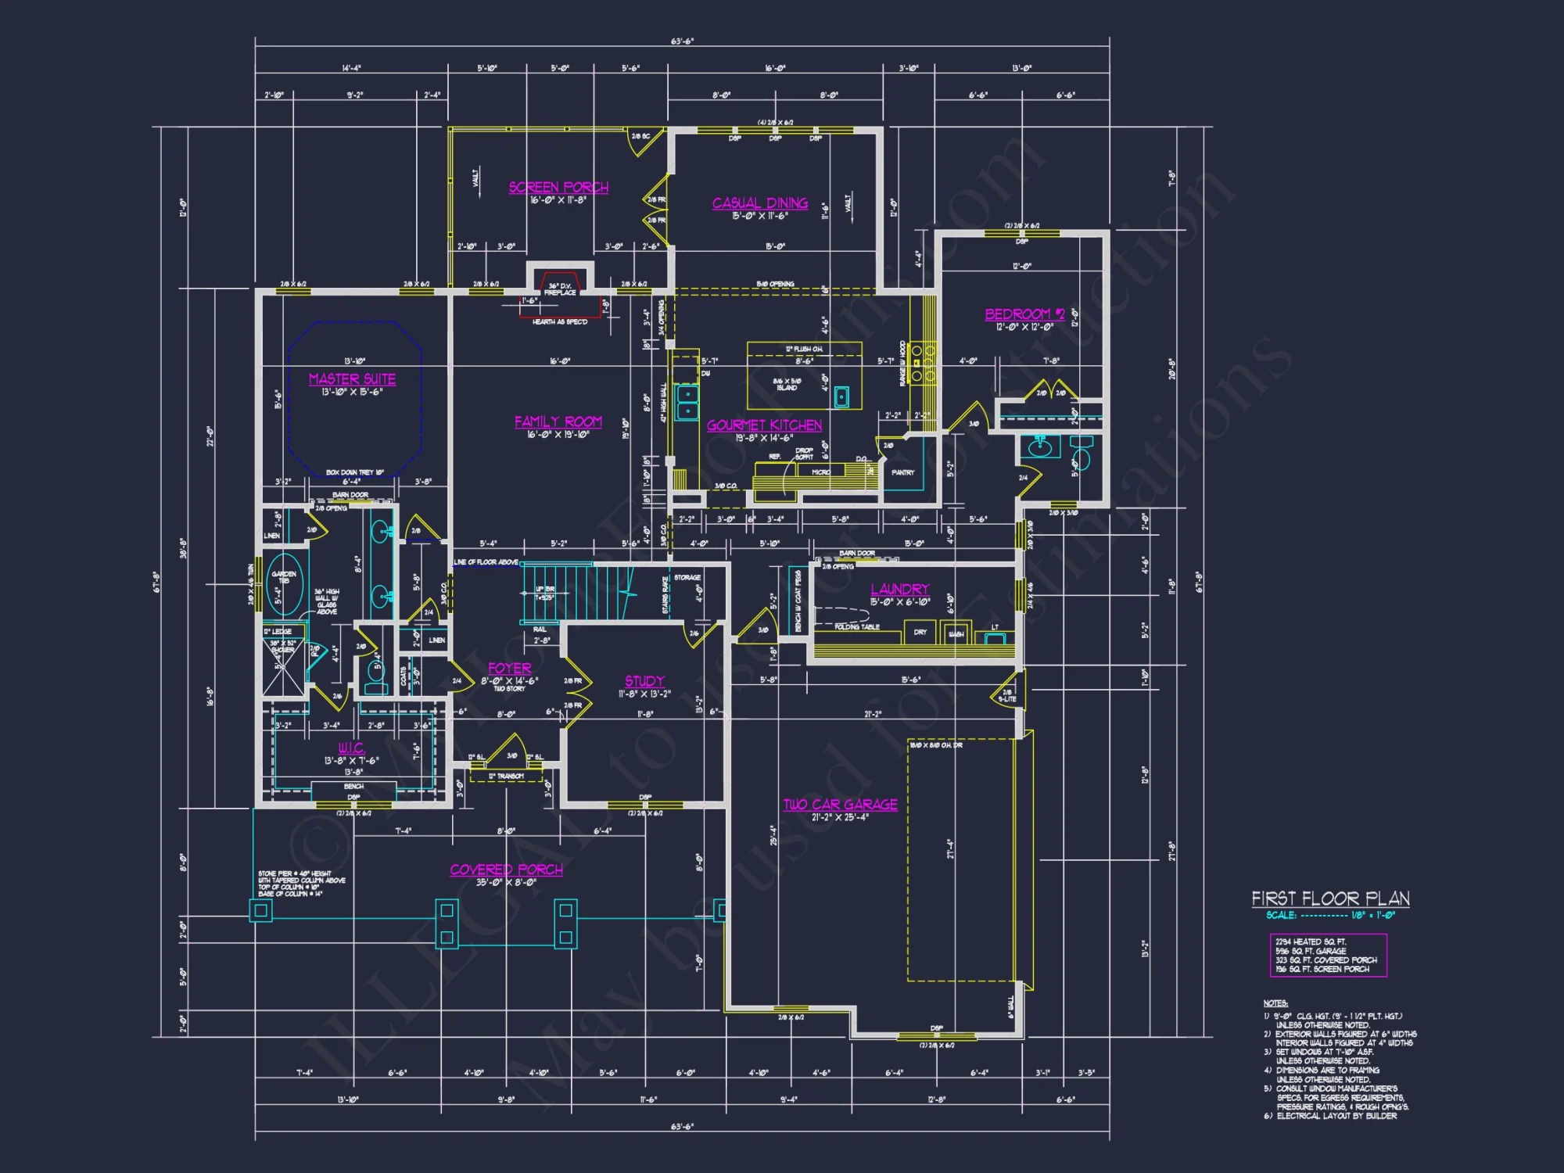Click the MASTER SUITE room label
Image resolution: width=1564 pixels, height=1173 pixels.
pos(352,379)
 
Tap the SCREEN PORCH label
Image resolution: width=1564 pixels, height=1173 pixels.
pos(558,188)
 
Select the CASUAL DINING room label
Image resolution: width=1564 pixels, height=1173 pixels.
pos(760,203)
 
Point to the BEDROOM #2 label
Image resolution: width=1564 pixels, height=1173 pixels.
pos(1024,314)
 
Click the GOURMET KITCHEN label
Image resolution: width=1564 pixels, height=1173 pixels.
pos(764,425)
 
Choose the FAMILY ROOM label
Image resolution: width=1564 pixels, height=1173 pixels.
pos(558,422)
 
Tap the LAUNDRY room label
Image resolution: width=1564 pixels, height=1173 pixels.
pos(900,590)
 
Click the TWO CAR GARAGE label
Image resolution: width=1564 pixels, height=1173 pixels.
pos(841,805)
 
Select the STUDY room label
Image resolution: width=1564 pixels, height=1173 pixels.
pos(644,681)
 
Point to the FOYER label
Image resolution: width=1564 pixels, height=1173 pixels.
pos(509,669)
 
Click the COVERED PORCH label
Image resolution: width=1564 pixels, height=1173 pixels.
pos(506,870)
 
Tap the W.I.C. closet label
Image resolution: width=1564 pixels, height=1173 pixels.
pos(351,748)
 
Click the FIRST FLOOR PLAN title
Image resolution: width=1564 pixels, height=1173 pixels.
pos(1330,899)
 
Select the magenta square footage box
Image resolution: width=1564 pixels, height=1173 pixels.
pos(1328,955)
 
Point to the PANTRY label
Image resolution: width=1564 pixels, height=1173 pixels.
pos(902,472)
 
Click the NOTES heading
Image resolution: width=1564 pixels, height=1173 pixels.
pos(1275,1003)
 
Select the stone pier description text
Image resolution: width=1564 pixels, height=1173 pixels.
pos(301,884)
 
